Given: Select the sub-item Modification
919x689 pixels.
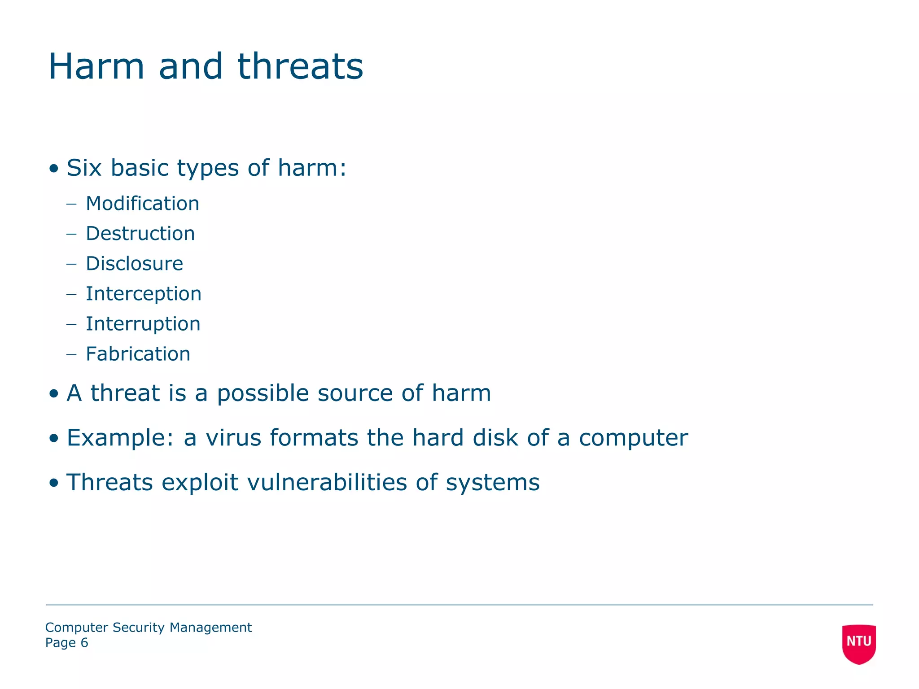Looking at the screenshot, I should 142,204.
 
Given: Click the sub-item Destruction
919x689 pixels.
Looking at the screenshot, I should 140,234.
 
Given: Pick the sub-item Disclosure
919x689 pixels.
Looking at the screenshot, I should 134,264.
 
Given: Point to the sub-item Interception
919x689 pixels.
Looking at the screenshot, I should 143,294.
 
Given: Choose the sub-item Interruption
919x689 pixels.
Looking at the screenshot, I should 143,324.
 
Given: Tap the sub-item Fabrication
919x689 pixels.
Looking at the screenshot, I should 138,354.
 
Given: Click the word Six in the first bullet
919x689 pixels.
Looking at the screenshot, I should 84,168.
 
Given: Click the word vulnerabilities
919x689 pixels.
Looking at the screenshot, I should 327,482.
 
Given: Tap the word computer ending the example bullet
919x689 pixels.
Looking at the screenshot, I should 633,438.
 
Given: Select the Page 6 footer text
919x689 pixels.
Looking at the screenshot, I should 66,643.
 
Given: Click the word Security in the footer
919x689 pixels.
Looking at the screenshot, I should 139,627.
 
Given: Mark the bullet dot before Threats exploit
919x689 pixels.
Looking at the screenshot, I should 54,483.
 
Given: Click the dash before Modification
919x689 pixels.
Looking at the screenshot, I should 71,204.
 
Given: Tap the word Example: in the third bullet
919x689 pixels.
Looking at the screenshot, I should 120,438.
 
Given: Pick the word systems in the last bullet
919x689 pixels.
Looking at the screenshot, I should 492,483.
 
